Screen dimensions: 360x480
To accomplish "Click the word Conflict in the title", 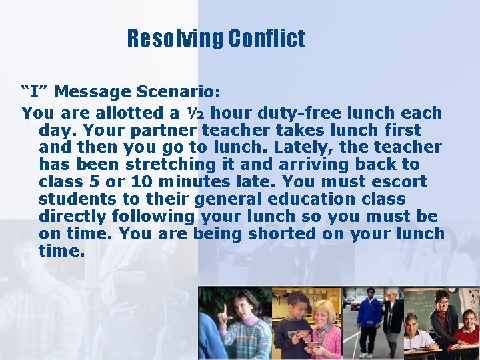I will tap(267, 39).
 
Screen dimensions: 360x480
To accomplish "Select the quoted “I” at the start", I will tap(34, 91).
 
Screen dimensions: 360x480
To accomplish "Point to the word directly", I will tap(73, 217).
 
